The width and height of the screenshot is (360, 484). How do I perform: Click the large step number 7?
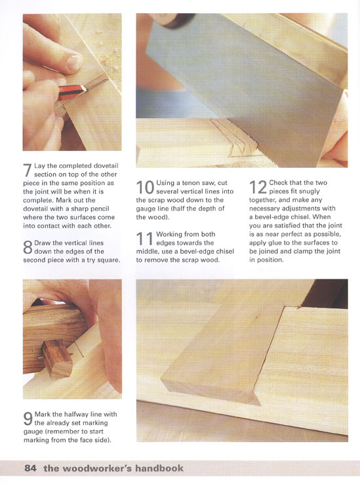coord(28,170)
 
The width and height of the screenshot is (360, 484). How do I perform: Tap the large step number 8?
coord(28,247)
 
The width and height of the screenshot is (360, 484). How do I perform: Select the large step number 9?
coord(28,419)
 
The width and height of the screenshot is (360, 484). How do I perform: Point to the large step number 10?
coord(145,188)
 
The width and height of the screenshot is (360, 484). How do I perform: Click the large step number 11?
coord(145,239)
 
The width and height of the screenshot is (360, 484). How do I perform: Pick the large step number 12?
coord(258,188)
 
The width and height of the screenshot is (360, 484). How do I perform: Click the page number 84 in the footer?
coord(30,468)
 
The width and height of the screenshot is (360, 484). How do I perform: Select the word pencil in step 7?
coord(100,209)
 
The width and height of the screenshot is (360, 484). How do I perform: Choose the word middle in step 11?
coord(147,251)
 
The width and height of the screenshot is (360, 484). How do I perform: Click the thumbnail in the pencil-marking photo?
coord(74,62)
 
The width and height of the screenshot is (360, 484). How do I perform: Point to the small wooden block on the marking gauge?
coord(58,359)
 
